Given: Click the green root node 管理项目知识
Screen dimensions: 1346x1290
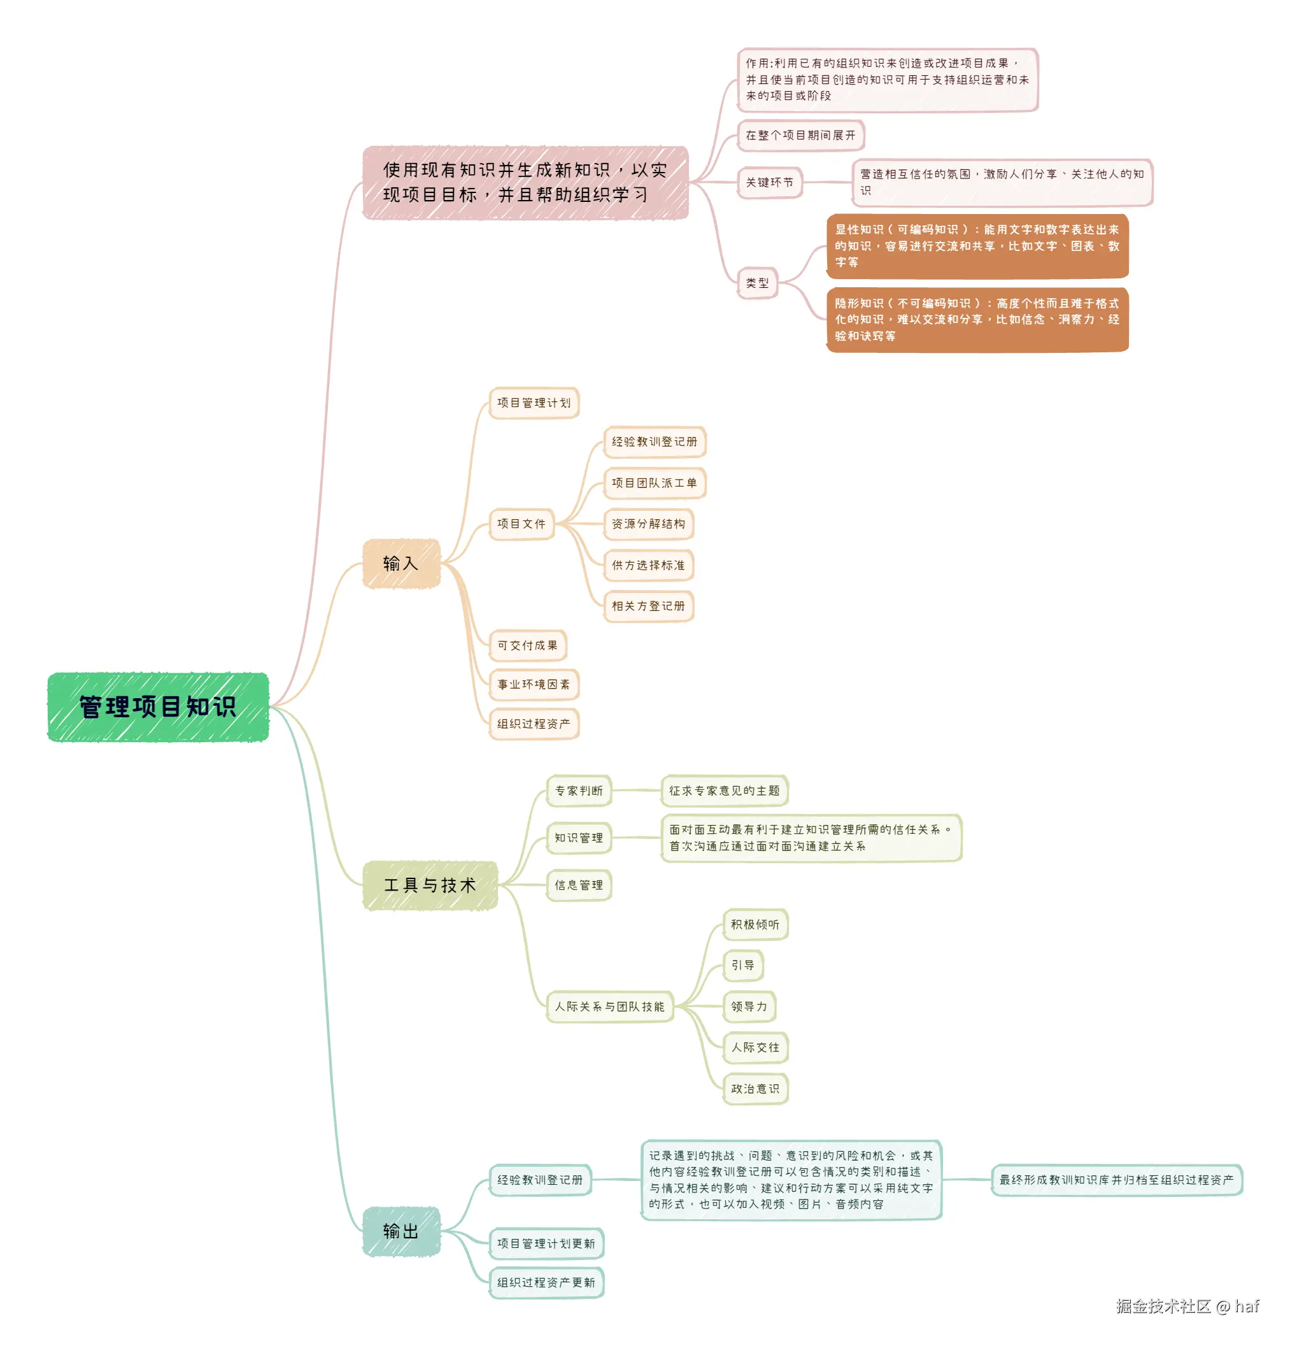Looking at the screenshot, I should pyautogui.click(x=157, y=706).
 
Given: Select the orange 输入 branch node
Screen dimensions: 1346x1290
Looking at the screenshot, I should pyautogui.click(x=400, y=563).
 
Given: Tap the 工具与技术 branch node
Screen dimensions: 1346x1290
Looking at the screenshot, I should pyautogui.click(x=429, y=885).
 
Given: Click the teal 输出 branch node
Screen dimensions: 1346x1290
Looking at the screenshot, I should pyautogui.click(x=400, y=1231).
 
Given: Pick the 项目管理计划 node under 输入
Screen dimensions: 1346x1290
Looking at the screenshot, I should pyautogui.click(x=534, y=403).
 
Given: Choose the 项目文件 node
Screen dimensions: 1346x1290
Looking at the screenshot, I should pyautogui.click(x=521, y=523).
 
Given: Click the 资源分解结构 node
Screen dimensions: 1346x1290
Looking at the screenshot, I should pyautogui.click(x=648, y=523).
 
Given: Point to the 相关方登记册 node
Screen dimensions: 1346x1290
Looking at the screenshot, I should pyautogui.click(x=648, y=606).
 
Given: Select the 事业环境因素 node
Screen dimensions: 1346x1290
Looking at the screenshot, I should pyautogui.click(x=534, y=684).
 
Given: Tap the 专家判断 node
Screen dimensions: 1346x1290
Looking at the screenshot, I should pyautogui.click(x=578, y=791).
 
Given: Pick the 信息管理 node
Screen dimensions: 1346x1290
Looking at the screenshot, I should pyautogui.click(x=578, y=885).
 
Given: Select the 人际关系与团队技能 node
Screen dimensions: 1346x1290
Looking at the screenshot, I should pyautogui.click(x=609, y=1006).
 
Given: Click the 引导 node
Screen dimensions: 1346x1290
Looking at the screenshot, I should pyautogui.click(x=742, y=965).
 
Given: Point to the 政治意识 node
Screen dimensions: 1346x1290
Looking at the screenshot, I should pyautogui.click(x=755, y=1089).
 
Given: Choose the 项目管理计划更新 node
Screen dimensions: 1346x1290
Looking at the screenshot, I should pyautogui.click(x=546, y=1243).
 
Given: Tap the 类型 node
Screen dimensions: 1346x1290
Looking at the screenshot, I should pyautogui.click(x=756, y=282).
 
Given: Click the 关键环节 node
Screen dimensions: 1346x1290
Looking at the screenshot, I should pyautogui.click(x=769, y=182).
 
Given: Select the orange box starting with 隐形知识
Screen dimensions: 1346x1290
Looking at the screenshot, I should pyautogui.click(x=976, y=319).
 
